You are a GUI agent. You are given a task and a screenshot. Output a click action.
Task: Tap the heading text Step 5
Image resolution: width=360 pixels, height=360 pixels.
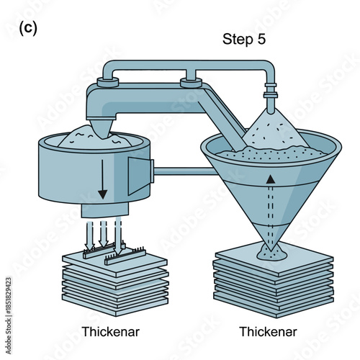pyautogui.click(x=243, y=39)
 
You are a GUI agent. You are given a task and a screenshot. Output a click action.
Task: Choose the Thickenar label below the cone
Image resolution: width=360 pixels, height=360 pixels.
pyautogui.click(x=267, y=332)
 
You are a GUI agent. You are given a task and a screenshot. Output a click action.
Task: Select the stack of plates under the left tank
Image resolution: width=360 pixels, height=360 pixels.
pyautogui.click(x=114, y=281)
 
